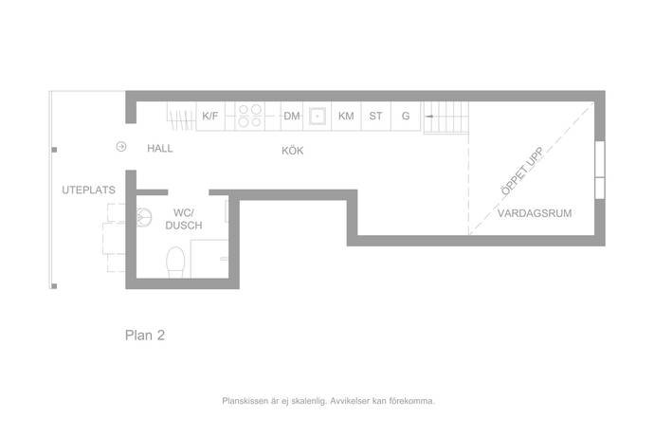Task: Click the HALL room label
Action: [x=160, y=148]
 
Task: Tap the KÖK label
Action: [x=292, y=151]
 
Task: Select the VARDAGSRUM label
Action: [x=535, y=213]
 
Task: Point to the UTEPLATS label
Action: [x=88, y=190]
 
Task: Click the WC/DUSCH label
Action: [x=184, y=219]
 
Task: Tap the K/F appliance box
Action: [x=210, y=116]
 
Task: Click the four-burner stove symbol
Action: [x=250, y=116]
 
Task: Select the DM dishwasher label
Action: [x=292, y=116]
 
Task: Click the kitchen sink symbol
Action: [x=317, y=116]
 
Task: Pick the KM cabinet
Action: [x=346, y=116]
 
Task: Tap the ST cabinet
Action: [x=375, y=116]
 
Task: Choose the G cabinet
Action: [x=406, y=116]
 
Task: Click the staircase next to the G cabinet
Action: [x=445, y=118]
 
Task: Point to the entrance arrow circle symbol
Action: [x=121, y=147]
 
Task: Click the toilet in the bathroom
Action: [x=175, y=262]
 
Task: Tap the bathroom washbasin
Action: [x=144, y=217]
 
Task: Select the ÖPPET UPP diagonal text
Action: [x=522, y=171]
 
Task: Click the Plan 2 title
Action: [x=145, y=335]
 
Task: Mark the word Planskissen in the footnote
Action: [x=245, y=401]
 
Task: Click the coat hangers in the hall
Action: [x=181, y=117]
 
